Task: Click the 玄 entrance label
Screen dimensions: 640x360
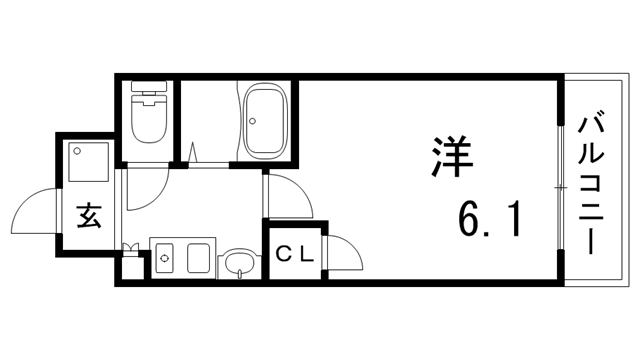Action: [x=88, y=217]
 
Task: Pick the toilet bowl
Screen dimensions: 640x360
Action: [x=147, y=116]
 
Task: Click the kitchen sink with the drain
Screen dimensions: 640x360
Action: [x=167, y=257]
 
